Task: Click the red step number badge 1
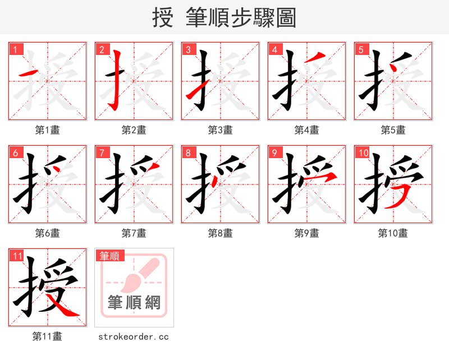(15, 49)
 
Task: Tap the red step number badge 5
(360, 49)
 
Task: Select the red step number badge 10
(363, 153)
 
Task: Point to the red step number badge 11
(17, 256)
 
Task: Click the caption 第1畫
(47, 130)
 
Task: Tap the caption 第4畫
(306, 130)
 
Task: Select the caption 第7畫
(134, 233)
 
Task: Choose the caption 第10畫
(393, 233)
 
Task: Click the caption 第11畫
(47, 336)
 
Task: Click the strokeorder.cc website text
(134, 336)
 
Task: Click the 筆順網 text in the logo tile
(134, 303)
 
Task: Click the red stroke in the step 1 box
(29, 73)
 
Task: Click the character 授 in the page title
(163, 18)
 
